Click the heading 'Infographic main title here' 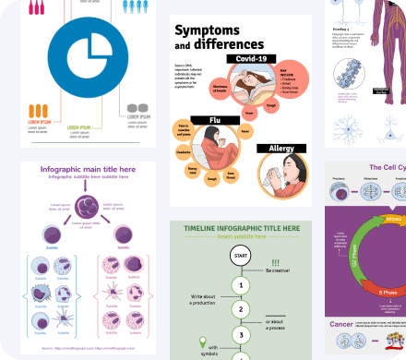[x=88, y=170]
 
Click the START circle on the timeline [x=240, y=256]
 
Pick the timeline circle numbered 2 [x=240, y=309]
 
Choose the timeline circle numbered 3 [x=240, y=333]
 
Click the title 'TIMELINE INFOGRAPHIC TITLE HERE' [x=242, y=228]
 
